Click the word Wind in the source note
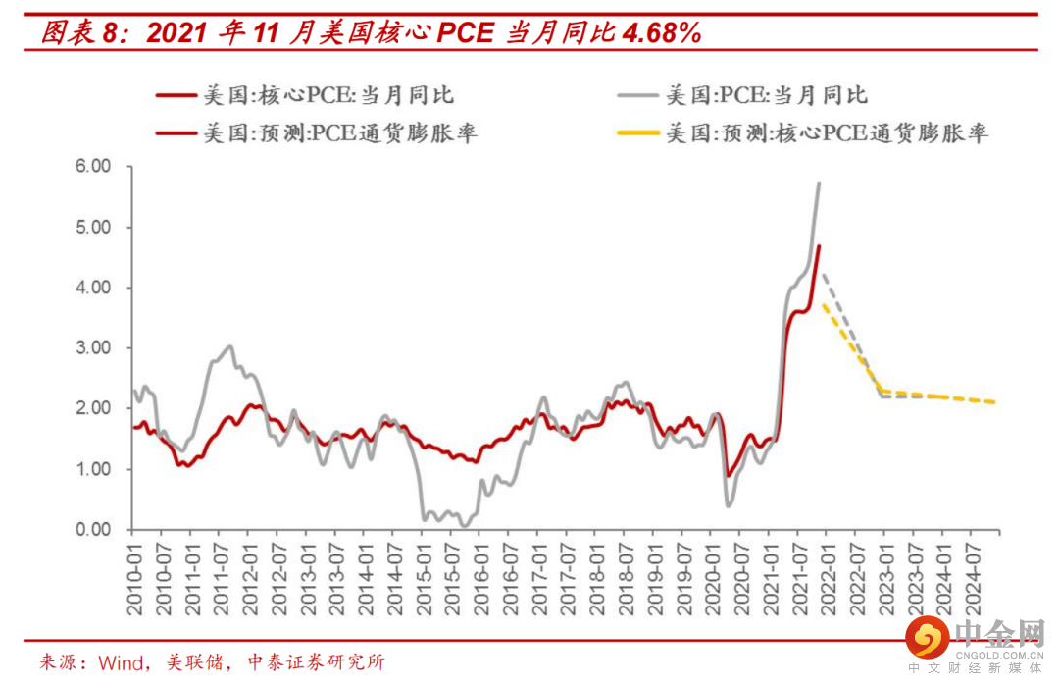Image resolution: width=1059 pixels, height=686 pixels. tap(120, 662)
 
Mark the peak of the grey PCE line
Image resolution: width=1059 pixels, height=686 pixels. tap(819, 183)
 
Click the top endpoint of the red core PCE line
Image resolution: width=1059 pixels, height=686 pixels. tap(819, 245)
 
